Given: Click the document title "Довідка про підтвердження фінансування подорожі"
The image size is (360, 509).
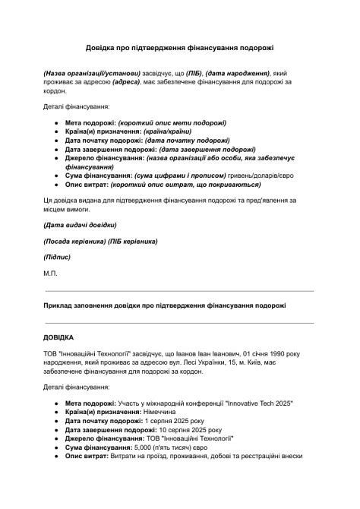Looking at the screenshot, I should click(179, 47).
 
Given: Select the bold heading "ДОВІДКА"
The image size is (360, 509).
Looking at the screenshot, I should click(59, 336).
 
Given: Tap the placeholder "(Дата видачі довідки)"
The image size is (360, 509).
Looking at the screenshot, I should click(80, 225).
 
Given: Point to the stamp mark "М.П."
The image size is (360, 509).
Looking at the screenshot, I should click(50, 272).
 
